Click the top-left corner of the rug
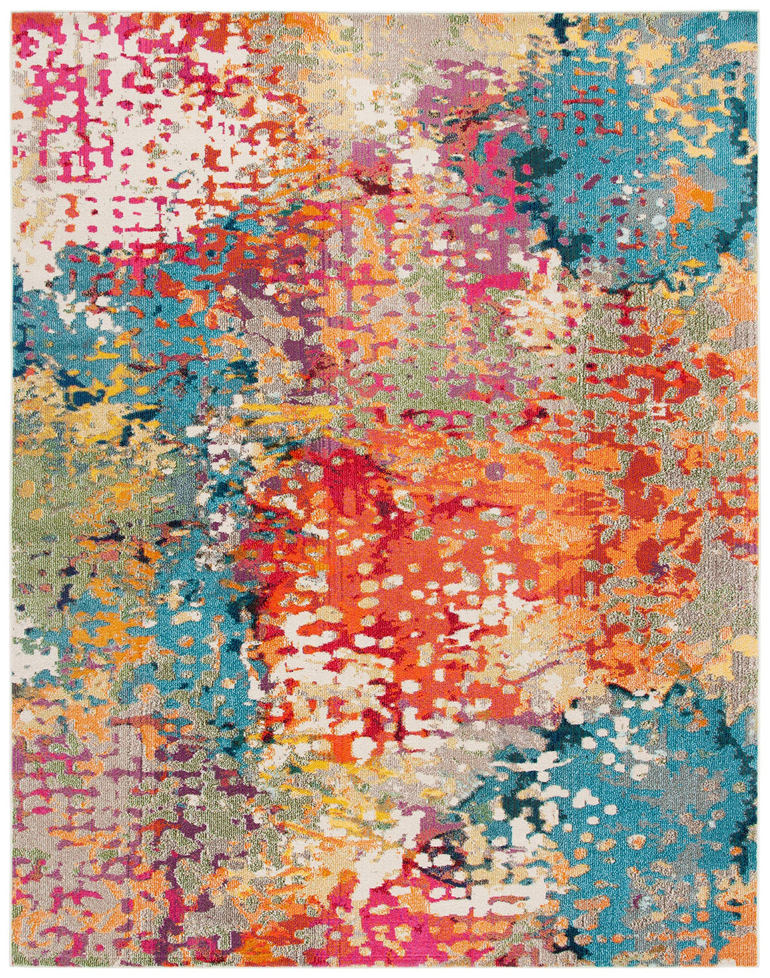tap(13, 13)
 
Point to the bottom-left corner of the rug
tap(13, 964)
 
